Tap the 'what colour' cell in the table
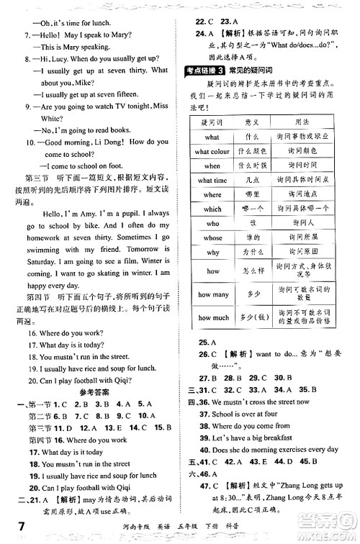[212, 151]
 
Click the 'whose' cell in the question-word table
[212, 237]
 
